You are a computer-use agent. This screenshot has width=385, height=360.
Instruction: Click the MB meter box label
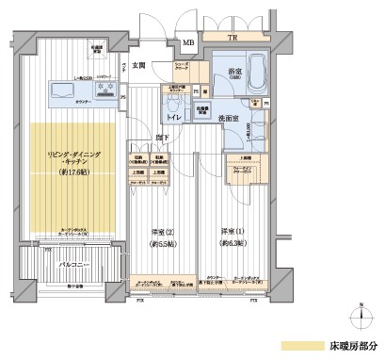click(189, 42)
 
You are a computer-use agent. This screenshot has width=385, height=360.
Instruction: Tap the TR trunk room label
click(233, 39)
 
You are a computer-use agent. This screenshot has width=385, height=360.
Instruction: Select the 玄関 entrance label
click(139, 65)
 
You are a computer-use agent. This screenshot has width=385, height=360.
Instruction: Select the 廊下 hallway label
click(163, 136)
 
